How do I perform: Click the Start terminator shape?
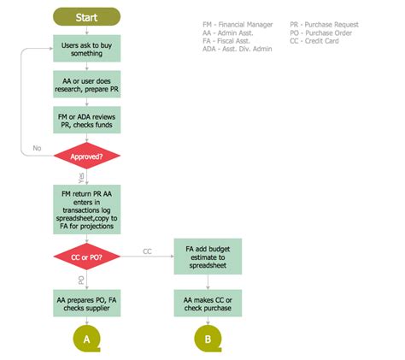coord(86,16)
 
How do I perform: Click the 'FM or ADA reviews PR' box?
coord(86,120)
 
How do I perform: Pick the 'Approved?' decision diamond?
coord(86,156)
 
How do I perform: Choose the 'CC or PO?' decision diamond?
coord(86,256)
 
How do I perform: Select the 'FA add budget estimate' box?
coord(204,256)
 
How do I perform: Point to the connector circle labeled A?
coord(86,339)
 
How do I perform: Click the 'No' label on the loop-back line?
coord(37,149)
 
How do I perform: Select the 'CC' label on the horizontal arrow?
coord(147,251)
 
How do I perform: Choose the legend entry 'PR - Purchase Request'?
coord(324,26)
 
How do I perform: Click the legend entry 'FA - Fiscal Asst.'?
coord(225,41)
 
